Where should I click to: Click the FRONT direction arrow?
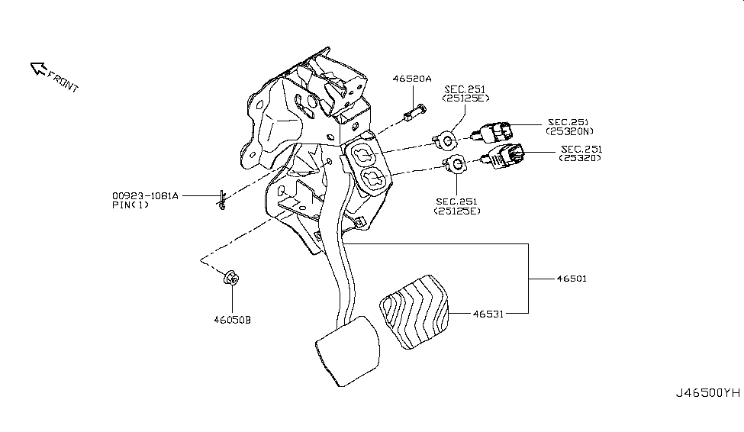pyautogui.click(x=39, y=70)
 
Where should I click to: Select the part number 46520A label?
pyautogui.click(x=412, y=79)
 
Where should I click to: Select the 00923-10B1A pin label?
pyautogui.click(x=145, y=196)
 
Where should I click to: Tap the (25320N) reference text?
pyautogui.click(x=572, y=132)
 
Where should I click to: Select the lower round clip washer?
pyautogui.click(x=456, y=164)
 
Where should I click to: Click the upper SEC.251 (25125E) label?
pyautogui.click(x=465, y=94)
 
